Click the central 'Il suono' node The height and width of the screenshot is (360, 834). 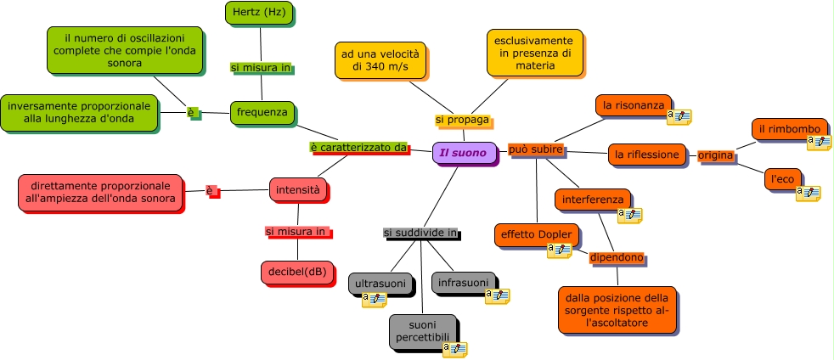[464, 153]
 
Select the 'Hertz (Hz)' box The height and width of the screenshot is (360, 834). [259, 12]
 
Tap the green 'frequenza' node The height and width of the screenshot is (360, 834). [262, 112]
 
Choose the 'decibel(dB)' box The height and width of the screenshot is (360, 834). [297, 272]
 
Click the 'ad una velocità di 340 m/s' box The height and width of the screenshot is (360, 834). [380, 59]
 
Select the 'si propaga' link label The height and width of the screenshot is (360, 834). [462, 120]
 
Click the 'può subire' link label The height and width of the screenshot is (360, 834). [536, 149]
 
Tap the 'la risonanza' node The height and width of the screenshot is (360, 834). [633, 105]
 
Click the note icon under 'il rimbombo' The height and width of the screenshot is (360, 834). [819, 142]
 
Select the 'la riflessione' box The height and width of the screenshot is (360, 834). [647, 155]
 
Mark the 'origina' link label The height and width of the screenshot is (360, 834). [715, 155]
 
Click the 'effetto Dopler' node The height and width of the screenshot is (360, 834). [536, 234]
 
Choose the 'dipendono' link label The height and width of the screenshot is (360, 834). [617, 257]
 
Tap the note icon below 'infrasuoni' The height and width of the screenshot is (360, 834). [497, 295]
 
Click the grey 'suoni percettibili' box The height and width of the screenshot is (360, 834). [422, 331]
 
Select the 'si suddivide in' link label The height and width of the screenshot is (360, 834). [420, 233]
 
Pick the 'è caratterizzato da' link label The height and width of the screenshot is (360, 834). [358, 147]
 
